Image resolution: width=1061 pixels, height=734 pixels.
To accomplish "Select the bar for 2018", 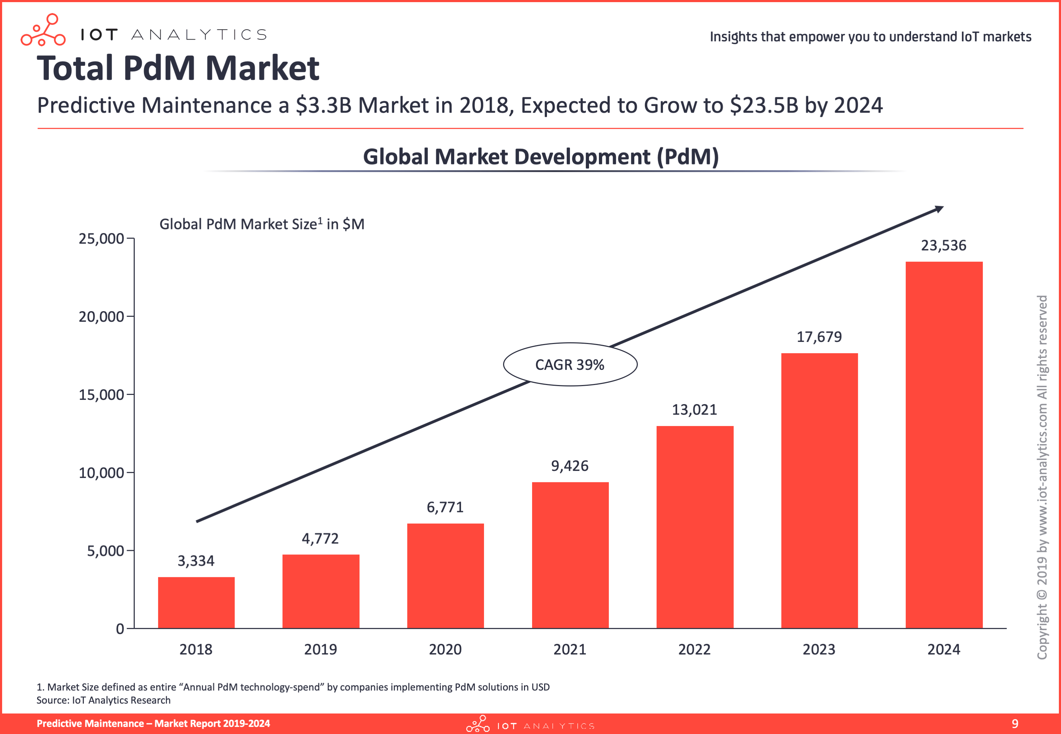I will pos(196,602).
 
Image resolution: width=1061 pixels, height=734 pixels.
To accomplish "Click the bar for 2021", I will pos(570,555).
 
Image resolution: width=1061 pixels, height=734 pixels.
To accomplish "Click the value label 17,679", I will pos(819,337).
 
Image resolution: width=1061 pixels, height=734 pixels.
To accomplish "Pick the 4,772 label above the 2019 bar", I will pos(320,538).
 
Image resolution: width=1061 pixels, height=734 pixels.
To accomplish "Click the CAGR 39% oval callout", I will pos(570,364).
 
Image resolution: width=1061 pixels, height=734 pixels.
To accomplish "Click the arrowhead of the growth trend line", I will pos(939,209).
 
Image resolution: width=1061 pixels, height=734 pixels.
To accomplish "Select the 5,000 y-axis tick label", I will pos(106,550).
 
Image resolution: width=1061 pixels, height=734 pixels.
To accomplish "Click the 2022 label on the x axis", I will pos(694,649).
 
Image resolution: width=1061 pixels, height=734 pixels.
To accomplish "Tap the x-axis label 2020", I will pos(445,649).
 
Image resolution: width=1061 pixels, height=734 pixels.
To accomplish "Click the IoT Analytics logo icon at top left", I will pos(43,30).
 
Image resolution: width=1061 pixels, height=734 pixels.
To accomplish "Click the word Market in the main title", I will pos(262,68).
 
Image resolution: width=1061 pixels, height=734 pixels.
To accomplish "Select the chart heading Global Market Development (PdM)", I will pos(541,157).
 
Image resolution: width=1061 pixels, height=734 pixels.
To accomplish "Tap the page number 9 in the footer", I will pos(1015,723).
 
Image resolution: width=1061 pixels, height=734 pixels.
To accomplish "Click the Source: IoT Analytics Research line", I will pos(104,700).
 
